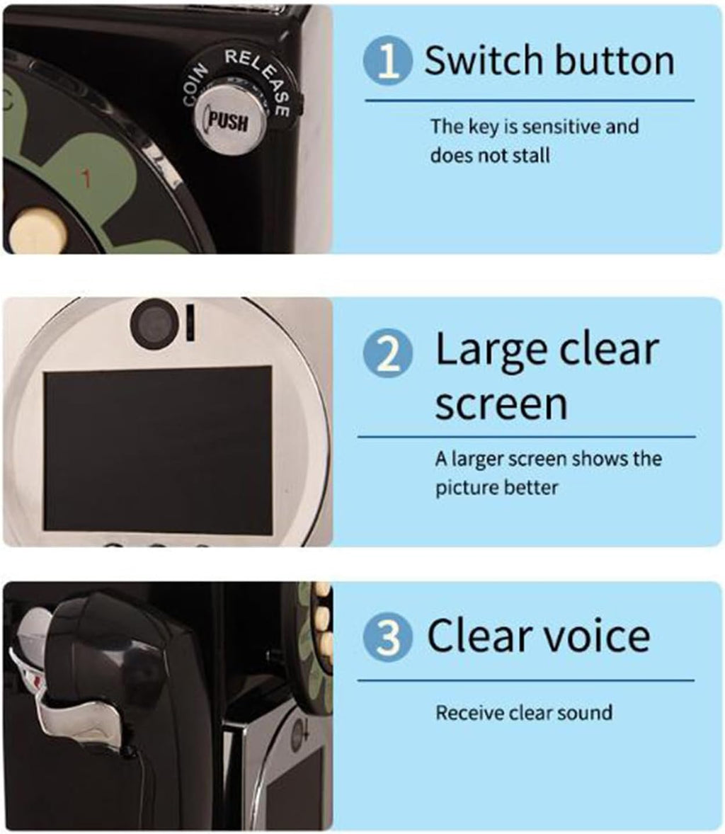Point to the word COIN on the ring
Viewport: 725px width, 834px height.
click(195, 84)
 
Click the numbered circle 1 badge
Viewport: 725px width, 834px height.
click(388, 60)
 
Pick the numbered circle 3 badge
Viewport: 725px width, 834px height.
click(388, 636)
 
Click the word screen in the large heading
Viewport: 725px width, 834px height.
click(501, 404)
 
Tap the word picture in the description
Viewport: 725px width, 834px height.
click(465, 488)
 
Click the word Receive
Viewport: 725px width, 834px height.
click(467, 713)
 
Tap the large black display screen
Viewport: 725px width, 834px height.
click(158, 448)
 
